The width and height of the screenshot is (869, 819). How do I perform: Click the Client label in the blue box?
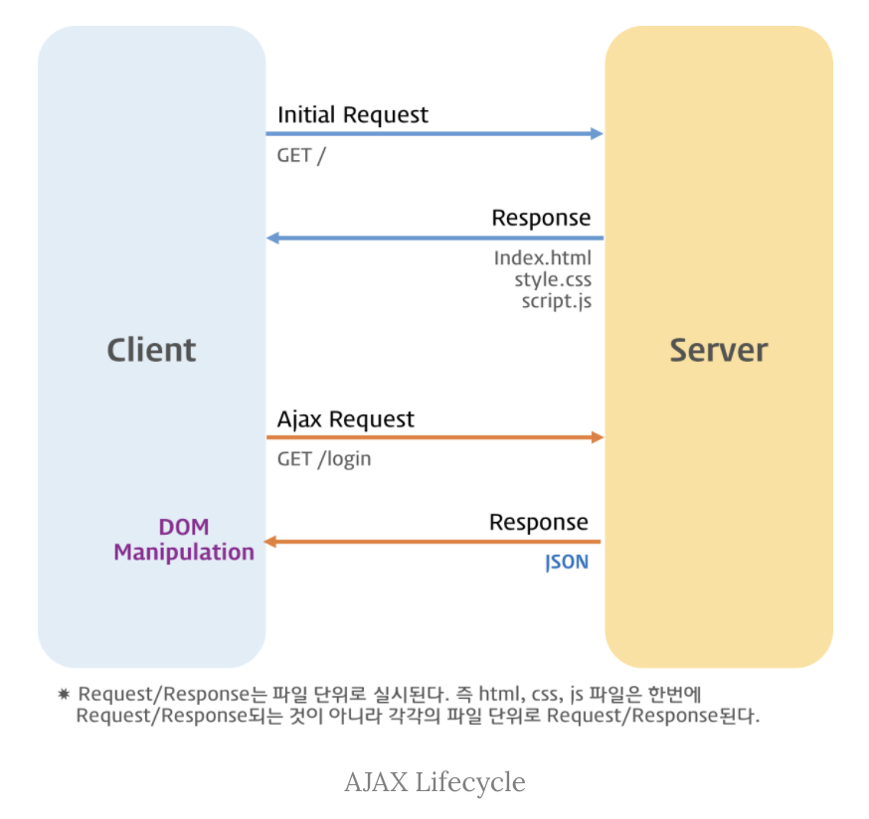151,350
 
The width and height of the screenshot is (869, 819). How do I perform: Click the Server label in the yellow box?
719,350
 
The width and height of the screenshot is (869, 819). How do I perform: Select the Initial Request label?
353,115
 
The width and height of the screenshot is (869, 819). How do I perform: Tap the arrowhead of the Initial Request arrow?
597,133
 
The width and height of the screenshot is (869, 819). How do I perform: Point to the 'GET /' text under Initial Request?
301,156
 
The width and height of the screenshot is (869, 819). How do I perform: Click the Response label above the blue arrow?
541,219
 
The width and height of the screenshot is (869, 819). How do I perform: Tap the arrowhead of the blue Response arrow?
272,239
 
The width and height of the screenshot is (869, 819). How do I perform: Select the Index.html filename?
543,258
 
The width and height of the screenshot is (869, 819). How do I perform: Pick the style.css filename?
553,280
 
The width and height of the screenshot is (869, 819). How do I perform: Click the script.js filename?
557,301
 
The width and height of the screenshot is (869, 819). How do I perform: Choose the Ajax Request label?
346,419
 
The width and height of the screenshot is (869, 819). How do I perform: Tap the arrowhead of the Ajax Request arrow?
598,437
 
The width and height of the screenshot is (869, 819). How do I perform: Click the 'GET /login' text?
324,459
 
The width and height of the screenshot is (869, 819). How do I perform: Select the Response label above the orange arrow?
539,523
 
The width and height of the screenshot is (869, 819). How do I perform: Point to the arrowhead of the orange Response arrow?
270,542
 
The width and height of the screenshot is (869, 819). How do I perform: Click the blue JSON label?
567,563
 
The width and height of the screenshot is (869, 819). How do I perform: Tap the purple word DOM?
184,527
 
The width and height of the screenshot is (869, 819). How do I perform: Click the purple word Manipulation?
184,553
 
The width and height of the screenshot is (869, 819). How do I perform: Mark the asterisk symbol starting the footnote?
64,694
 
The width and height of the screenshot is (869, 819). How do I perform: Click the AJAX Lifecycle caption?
435,782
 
